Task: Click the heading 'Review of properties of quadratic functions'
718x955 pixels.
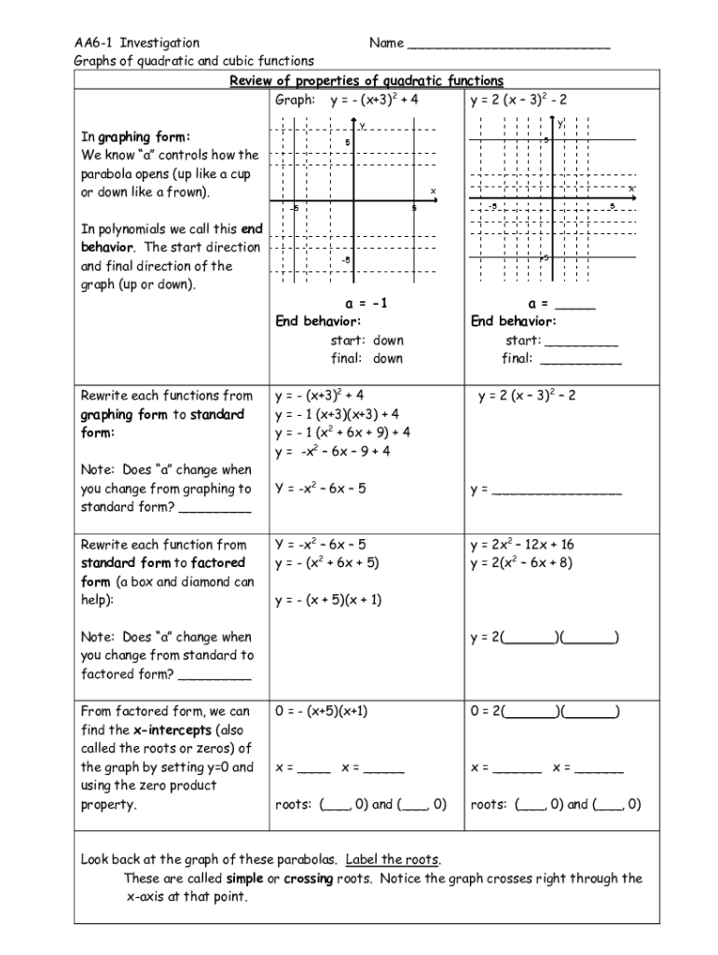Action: (x=366, y=81)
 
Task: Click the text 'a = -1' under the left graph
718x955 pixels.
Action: (x=366, y=303)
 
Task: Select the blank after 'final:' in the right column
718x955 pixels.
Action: (x=581, y=360)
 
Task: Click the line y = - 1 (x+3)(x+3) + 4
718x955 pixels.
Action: (x=337, y=414)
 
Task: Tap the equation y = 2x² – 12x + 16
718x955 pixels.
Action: (x=522, y=545)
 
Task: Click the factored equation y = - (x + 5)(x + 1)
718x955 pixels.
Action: (x=328, y=600)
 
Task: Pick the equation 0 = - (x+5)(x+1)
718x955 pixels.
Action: (x=322, y=711)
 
